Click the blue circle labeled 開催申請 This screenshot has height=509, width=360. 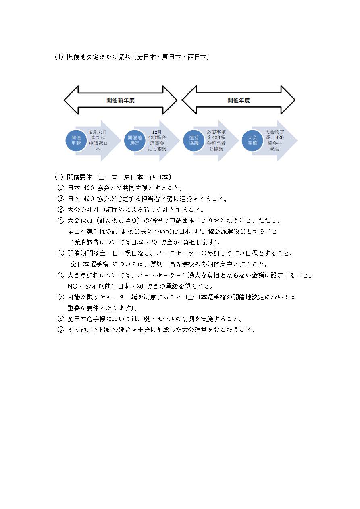pos(76,140)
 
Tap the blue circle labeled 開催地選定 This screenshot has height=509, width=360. pos(135,140)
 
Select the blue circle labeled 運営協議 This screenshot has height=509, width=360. pos(194,140)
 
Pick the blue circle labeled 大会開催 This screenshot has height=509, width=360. pos(252,140)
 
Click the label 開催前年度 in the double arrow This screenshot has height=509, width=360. pos(121,100)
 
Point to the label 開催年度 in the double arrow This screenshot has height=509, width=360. pos(238,100)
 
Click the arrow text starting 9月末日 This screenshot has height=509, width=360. pos(98,140)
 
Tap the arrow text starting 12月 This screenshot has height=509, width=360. pos(157,140)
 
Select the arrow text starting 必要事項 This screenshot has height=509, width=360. pos(216,140)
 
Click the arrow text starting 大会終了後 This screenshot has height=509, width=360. pos(275,140)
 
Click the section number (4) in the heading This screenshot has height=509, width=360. pos(59,57)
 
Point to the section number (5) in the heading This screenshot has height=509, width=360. pos(59,177)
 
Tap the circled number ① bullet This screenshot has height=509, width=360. pos(61,188)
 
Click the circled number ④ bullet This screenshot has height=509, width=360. pos(61,220)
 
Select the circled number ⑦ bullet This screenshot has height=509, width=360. pos(61,297)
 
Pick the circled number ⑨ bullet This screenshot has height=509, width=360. pos(61,330)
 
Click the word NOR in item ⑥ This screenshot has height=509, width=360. pos(75,286)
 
